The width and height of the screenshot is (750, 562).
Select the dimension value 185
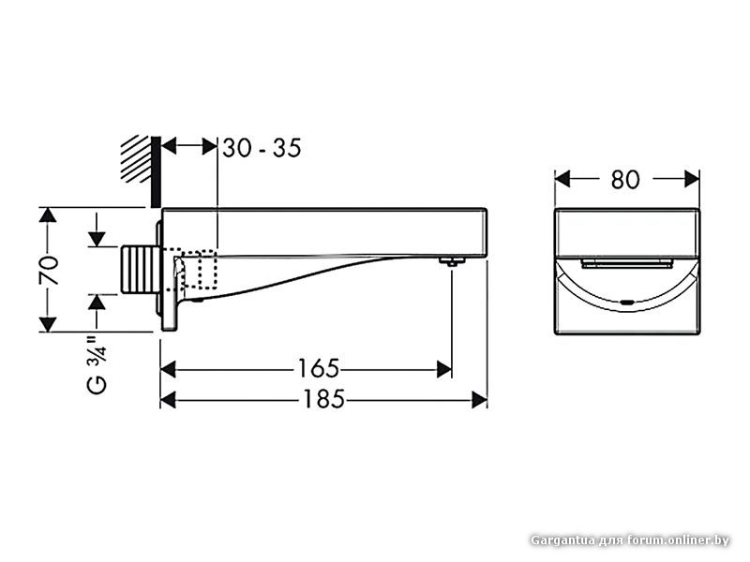pyautogui.click(x=323, y=400)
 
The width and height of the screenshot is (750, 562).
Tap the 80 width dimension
pyautogui.click(x=625, y=178)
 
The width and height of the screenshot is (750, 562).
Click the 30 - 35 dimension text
pyautogui.click(x=262, y=148)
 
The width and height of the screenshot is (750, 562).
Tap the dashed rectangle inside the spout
pyautogui.click(x=192, y=270)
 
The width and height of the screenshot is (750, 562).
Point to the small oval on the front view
pyautogui.click(x=625, y=303)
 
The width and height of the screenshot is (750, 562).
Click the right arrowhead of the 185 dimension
pyautogui.click(x=480, y=400)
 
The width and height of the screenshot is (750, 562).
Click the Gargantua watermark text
pyautogui.click(x=629, y=540)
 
